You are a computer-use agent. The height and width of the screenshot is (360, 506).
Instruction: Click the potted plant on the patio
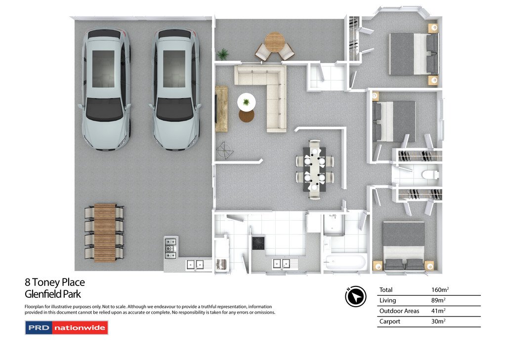223,53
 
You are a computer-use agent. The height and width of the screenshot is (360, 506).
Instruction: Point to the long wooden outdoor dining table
105,233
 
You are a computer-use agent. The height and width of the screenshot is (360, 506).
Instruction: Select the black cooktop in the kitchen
258,243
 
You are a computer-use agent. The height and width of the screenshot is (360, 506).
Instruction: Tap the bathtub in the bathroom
344,262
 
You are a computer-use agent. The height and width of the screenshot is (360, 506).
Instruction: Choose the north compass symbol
355,296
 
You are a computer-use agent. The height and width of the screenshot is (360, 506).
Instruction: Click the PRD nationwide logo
66,327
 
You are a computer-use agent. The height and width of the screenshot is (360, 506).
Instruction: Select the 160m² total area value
440,290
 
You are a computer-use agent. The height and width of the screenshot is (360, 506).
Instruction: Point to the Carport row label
390,321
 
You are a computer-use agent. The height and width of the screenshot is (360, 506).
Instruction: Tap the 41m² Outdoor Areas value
438,311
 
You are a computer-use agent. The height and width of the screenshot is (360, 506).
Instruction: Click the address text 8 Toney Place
55,283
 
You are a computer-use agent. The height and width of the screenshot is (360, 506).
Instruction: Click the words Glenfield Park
52,294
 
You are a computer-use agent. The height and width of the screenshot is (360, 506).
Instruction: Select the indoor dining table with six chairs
314,169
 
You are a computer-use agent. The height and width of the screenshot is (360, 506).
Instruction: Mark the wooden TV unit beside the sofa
221,109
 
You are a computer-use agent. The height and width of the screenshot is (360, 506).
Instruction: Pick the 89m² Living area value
438,300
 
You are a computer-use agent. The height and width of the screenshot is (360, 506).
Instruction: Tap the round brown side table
246,116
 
